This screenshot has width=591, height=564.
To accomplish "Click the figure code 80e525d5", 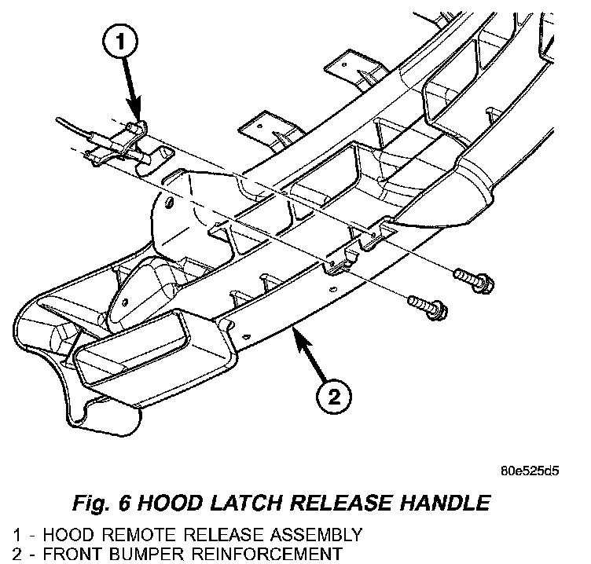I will click(x=530, y=473).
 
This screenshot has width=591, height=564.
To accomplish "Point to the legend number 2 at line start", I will click(x=6, y=554).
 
